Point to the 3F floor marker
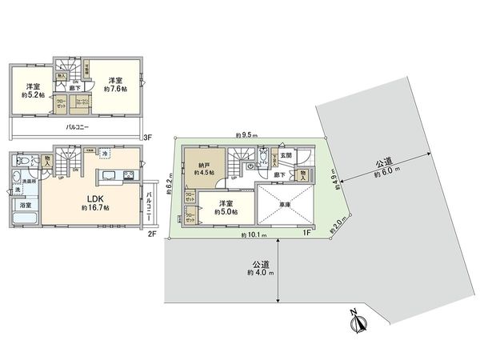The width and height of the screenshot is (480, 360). [x=146, y=137]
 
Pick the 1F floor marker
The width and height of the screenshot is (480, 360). [x=306, y=233]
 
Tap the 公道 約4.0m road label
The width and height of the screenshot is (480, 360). [x=258, y=268]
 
